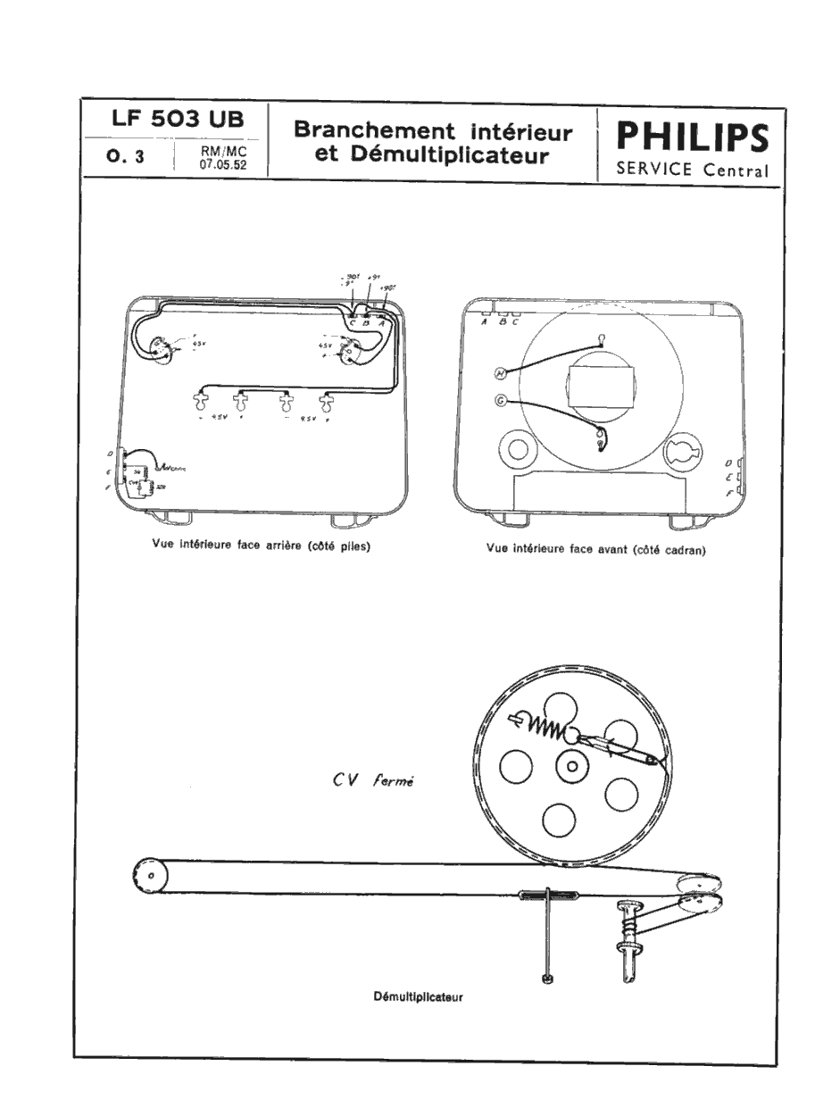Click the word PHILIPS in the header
coord(692,138)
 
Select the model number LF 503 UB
coord(176,120)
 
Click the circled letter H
coord(501,372)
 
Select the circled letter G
coord(501,402)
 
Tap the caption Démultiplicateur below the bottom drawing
coord(418,996)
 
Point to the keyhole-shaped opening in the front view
coord(687,449)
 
